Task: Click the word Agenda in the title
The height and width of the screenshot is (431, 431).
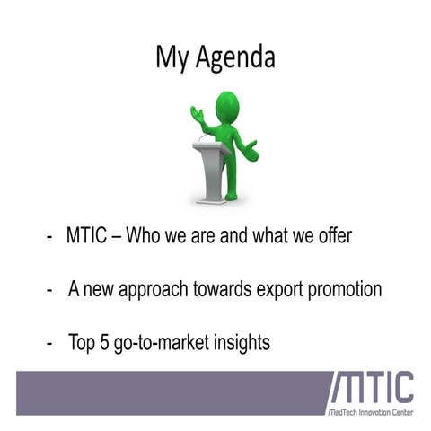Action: [236, 58]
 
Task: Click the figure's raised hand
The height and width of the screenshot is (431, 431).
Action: [197, 114]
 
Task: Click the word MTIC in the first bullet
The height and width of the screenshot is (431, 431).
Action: [88, 237]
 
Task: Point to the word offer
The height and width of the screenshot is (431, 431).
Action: [332, 237]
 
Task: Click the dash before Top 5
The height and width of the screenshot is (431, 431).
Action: [50, 343]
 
